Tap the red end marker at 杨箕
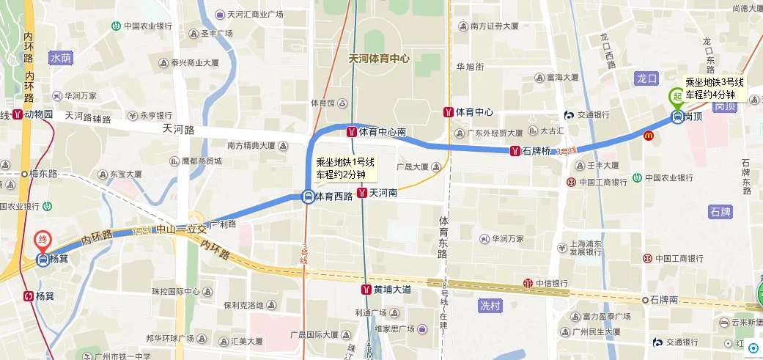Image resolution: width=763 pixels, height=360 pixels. [x=43, y=240]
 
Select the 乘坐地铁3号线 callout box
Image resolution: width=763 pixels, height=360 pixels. [x=714, y=88]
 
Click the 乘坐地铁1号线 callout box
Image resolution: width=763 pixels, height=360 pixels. [x=344, y=169]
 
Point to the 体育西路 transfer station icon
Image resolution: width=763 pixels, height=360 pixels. [x=308, y=196]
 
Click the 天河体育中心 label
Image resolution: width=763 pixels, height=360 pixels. [x=378, y=59]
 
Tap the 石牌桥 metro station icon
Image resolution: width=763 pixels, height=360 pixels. [x=516, y=151]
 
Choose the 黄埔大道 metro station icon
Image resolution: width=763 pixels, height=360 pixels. [x=366, y=289]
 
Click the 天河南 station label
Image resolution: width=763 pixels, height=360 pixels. [x=383, y=194]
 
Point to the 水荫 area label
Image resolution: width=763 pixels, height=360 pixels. [x=61, y=57]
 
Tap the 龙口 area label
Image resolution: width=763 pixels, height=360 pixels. [x=648, y=77]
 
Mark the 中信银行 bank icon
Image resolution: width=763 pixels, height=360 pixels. [x=528, y=284]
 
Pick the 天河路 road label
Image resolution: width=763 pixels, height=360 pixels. [x=179, y=130]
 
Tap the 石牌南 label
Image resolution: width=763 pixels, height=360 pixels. [x=663, y=300]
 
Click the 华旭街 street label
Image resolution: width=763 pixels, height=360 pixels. [x=470, y=67]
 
